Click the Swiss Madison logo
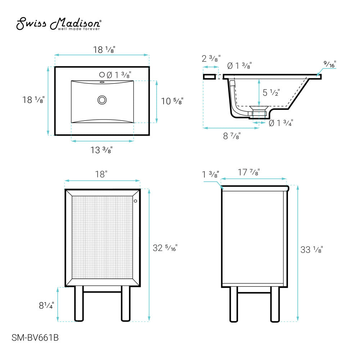[x=59, y=24]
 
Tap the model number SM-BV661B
[x=35, y=338]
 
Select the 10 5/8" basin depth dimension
[x=172, y=101]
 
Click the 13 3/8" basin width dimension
[x=102, y=150]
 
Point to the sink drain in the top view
[x=102, y=100]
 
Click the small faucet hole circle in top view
[x=102, y=75]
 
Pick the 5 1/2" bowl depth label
[x=271, y=93]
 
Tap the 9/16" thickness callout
[x=330, y=64]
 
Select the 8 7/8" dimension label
[x=232, y=136]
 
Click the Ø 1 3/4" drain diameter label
[x=281, y=123]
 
